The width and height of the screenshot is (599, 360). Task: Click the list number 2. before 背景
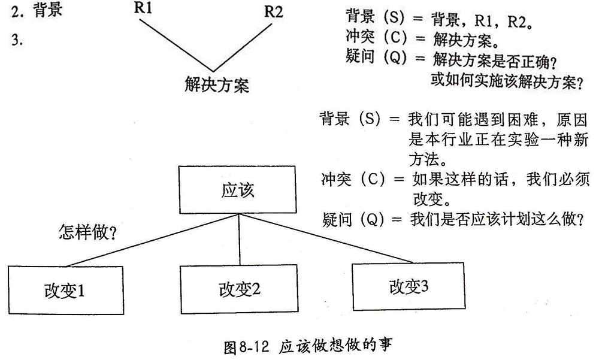click(16, 11)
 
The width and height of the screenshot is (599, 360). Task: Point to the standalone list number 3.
click(16, 41)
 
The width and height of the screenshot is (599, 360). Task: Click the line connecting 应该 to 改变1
click(150, 241)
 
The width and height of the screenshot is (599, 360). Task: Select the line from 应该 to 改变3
click(326, 238)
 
